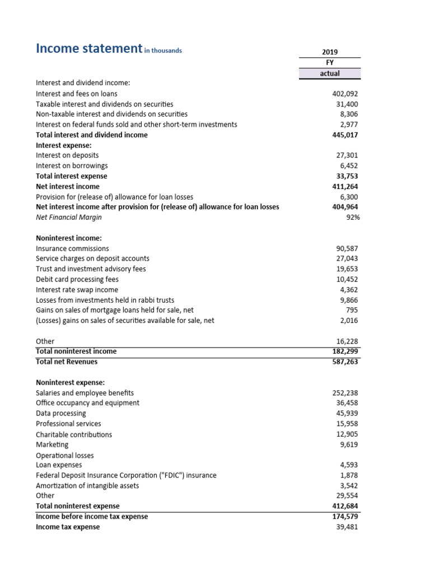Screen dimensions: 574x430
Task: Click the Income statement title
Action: coord(88,49)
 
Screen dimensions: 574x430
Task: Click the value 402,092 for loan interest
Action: coord(345,94)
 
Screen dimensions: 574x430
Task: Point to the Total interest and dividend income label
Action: coord(92,135)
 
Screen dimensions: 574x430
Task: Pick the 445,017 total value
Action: coord(345,135)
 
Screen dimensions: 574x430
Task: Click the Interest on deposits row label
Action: coord(67,155)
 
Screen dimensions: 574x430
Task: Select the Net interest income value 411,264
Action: coord(345,186)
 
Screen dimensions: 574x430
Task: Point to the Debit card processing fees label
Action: coord(77,279)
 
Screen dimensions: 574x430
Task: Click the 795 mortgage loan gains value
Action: coord(352,310)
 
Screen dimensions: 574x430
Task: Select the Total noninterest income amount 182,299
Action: coord(345,351)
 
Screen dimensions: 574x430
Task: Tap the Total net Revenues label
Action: coord(67,362)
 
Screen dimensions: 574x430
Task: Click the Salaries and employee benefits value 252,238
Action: coord(345,393)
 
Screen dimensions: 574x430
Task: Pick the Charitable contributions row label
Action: coord(74,434)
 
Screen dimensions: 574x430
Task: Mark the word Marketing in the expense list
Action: coord(52,445)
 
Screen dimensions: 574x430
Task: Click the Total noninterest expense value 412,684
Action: coord(345,506)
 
